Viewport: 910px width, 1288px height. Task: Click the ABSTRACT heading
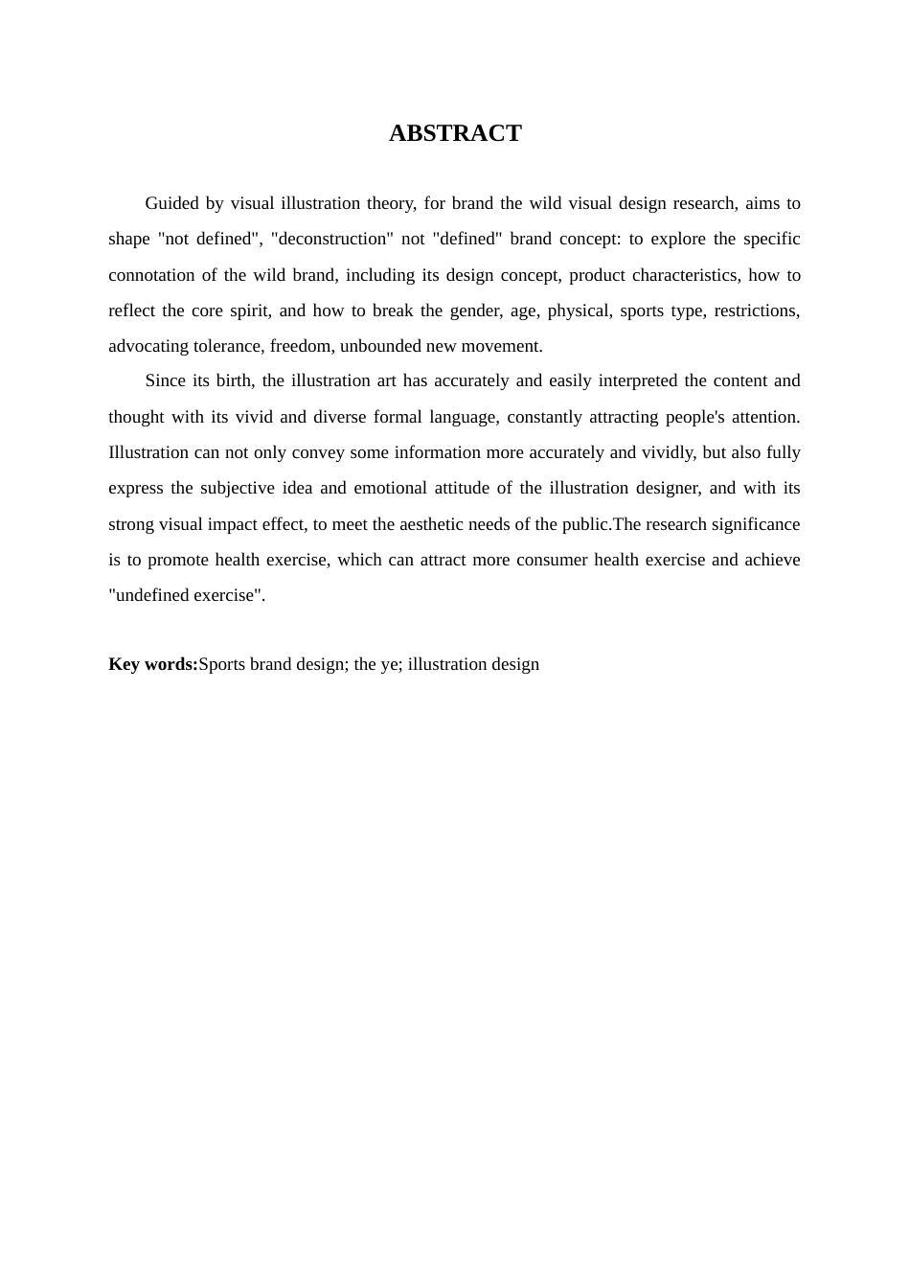coord(455,133)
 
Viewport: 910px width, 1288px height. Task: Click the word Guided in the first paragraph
coord(171,203)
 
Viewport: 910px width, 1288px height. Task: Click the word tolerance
coord(227,346)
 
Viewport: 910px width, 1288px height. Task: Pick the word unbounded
coord(398,346)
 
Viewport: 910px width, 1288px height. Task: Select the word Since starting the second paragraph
coord(165,380)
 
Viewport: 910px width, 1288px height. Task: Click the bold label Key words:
coord(153,664)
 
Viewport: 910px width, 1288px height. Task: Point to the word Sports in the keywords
coord(222,664)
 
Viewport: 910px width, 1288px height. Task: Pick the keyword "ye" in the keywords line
coord(389,664)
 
